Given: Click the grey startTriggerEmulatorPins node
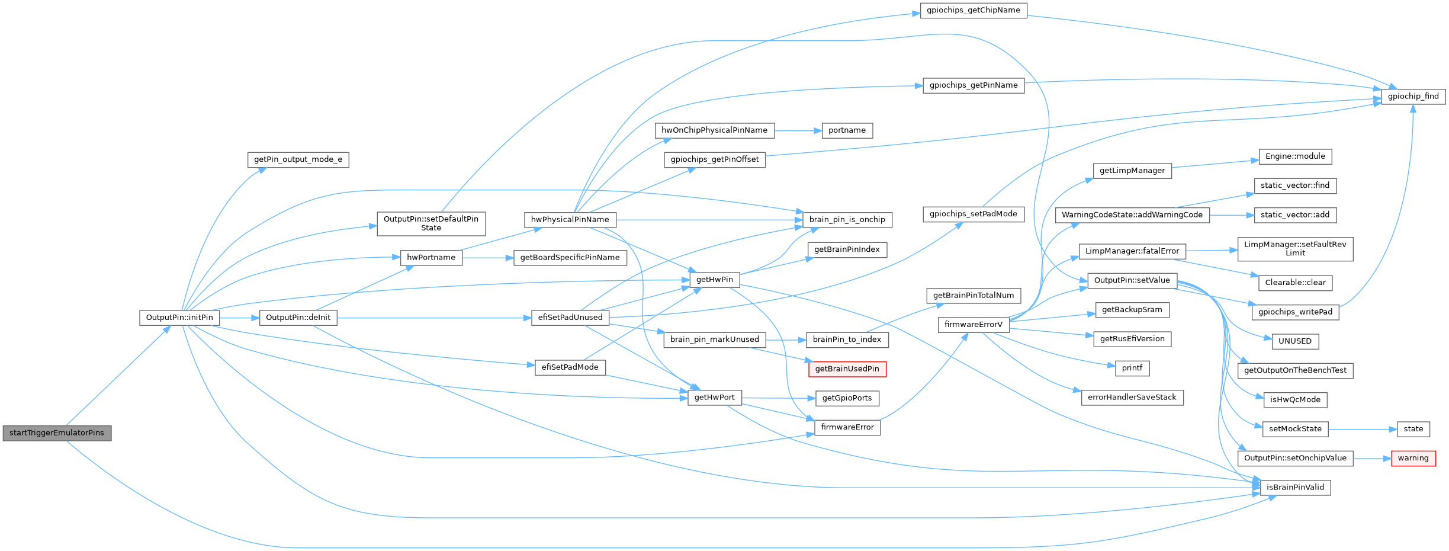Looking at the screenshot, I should [57, 433].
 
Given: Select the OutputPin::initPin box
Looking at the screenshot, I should [179, 318].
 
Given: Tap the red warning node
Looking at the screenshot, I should [1413, 458].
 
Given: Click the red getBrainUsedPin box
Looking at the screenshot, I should [847, 369].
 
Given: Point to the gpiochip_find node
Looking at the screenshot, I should [1413, 96].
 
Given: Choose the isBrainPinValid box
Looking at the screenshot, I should [1295, 488].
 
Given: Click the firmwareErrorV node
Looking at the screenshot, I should [974, 325].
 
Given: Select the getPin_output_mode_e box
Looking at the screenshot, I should [298, 159].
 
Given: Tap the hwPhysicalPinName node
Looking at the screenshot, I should [570, 220].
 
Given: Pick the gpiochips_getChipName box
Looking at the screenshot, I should [973, 10].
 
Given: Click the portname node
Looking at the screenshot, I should [847, 130].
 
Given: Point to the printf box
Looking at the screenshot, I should [1132, 368].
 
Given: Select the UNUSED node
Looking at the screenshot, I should [1294, 341].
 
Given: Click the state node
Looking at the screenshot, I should [1413, 429].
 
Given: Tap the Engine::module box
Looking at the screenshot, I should [1295, 156].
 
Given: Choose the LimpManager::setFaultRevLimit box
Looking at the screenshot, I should [1295, 249].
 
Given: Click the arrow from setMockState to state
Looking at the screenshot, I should [1363, 429].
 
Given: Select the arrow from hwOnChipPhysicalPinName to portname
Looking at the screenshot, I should [798, 130].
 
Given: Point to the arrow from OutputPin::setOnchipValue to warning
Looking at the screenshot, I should [1372, 458].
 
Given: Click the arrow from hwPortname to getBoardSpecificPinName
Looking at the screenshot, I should [487, 258].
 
